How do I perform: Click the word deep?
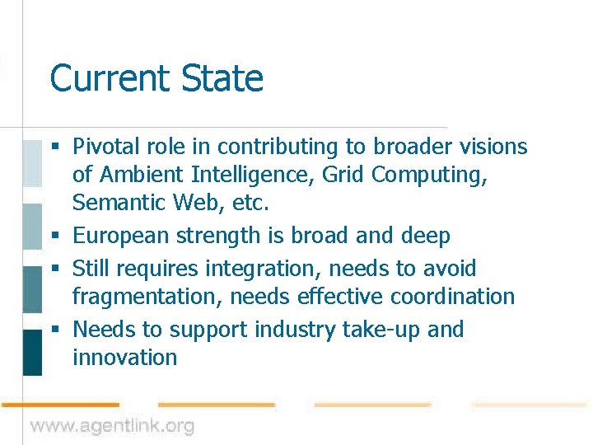coord(423,237)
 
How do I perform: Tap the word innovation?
coord(124,358)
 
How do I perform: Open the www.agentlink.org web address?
coord(113,426)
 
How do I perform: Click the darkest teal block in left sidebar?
coord(32,352)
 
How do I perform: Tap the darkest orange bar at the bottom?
coord(59,405)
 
